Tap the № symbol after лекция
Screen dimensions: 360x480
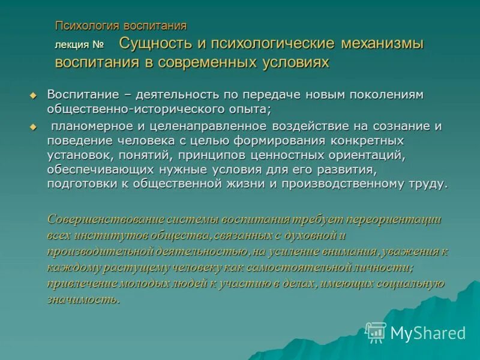pyautogui.click(x=98, y=45)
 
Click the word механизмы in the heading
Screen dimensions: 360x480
pyautogui.click(x=382, y=44)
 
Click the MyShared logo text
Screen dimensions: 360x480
pyautogui.click(x=428, y=332)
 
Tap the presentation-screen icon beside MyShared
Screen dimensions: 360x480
pyautogui.click(x=376, y=331)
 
